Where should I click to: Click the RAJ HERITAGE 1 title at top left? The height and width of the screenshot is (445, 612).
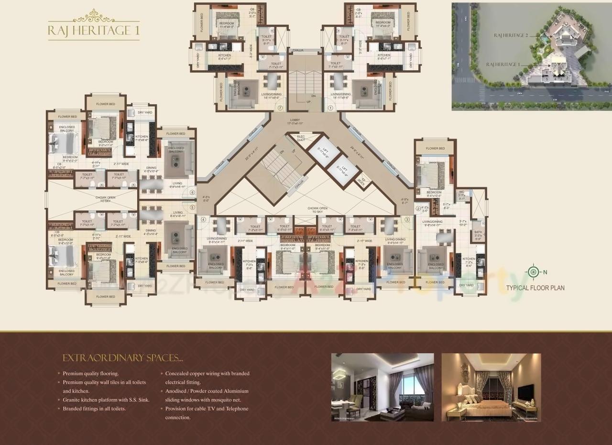[x=94, y=31]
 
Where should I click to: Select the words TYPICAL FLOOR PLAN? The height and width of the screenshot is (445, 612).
[x=535, y=288]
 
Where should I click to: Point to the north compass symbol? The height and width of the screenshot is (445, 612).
[x=533, y=272]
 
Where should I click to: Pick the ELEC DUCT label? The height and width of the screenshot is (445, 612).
[x=301, y=138]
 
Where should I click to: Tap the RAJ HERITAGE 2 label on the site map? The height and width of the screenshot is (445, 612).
[x=511, y=35]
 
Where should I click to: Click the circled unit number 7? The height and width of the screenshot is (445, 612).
[x=281, y=108]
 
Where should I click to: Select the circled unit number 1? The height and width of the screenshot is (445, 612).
[x=330, y=108]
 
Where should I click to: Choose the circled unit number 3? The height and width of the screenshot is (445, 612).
[x=407, y=219]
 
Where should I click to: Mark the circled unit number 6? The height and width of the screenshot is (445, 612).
[x=192, y=193]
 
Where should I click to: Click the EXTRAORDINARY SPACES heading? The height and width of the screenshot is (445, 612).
[x=123, y=358]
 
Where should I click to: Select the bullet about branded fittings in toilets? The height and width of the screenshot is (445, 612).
[x=95, y=409]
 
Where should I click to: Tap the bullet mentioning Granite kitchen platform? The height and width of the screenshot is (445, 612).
[x=106, y=400]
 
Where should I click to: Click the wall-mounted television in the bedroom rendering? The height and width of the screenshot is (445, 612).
[x=525, y=393]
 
